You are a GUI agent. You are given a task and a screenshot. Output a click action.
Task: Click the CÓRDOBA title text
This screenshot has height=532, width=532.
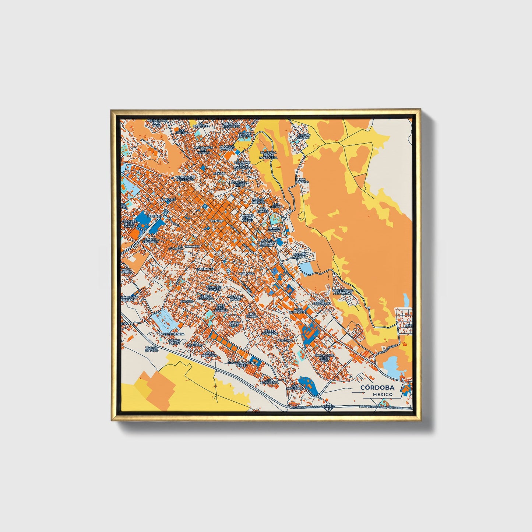tap(377, 387)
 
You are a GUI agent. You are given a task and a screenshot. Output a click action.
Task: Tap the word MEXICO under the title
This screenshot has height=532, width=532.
tap(382, 394)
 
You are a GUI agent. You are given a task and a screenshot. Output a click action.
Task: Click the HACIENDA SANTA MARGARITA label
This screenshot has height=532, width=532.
tap(268, 155)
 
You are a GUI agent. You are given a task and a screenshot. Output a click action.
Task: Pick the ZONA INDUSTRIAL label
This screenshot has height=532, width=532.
tap(298, 311)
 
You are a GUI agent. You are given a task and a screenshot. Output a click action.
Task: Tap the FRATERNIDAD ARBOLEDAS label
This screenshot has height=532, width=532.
tap(342, 292)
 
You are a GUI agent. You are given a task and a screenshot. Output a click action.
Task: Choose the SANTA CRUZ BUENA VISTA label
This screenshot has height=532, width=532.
tap(324, 357)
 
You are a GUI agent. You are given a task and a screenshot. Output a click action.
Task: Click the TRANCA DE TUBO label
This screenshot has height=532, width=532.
tap(151, 349)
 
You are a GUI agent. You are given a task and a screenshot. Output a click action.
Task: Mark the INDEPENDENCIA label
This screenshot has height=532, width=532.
tap(171, 334)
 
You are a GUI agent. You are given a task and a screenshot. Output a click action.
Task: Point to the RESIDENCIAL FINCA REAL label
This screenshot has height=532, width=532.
tap(157, 123)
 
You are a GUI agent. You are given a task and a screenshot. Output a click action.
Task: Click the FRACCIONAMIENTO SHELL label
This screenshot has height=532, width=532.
tap(242, 364)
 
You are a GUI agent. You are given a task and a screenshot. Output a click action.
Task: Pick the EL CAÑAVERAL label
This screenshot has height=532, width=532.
tap(269, 381)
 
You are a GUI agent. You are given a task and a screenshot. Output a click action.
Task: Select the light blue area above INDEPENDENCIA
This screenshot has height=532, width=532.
tap(162, 318)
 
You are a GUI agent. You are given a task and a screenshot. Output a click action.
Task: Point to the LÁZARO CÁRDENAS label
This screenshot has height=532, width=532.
tap(270, 333)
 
